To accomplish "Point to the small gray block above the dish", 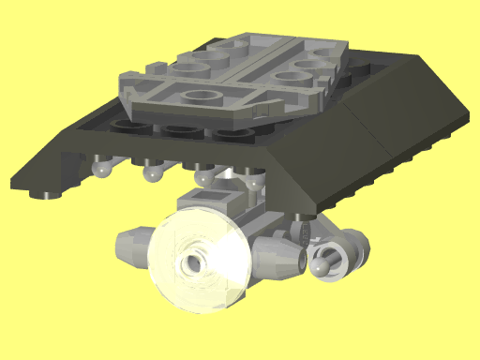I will (x=217, y=200).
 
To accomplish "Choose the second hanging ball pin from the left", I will (x=150, y=172).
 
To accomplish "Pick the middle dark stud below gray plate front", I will (x=176, y=131).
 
